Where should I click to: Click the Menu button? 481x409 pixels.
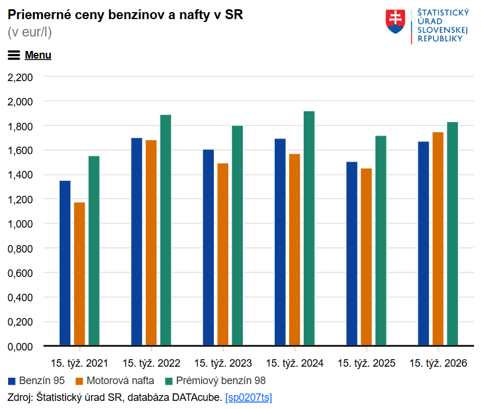coord(30,55)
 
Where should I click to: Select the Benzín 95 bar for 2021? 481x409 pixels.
coord(65,263)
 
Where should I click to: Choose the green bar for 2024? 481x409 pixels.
coord(309,228)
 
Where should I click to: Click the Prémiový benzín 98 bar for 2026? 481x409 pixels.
coord(453,234)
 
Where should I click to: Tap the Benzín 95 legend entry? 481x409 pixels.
coord(37,381)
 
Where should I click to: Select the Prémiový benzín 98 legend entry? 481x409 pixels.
coord(215,381)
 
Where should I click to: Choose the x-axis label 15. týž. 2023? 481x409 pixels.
coord(223,363)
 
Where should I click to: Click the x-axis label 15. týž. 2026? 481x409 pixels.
coord(438,363)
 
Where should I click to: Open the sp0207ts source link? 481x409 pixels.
coord(249,397)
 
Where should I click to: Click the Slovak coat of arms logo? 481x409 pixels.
coord(396,21)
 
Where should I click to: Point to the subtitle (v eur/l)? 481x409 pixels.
coord(30,32)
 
